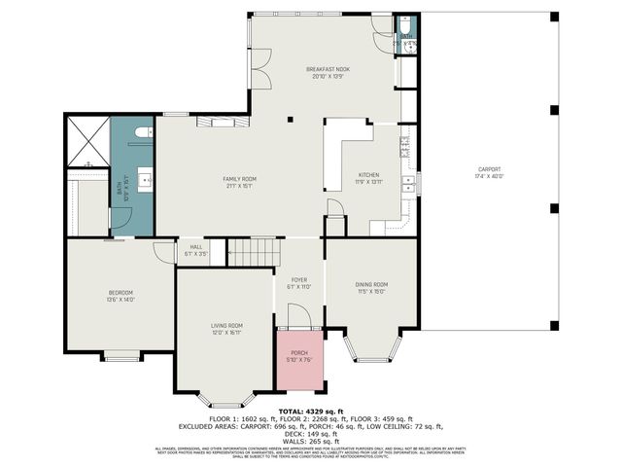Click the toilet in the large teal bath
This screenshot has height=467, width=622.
point(143,132)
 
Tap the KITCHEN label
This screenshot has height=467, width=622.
point(368,176)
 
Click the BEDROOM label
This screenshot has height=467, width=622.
point(121,293)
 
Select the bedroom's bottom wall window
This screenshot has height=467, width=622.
point(121,357)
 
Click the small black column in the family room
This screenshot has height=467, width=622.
point(289,120)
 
